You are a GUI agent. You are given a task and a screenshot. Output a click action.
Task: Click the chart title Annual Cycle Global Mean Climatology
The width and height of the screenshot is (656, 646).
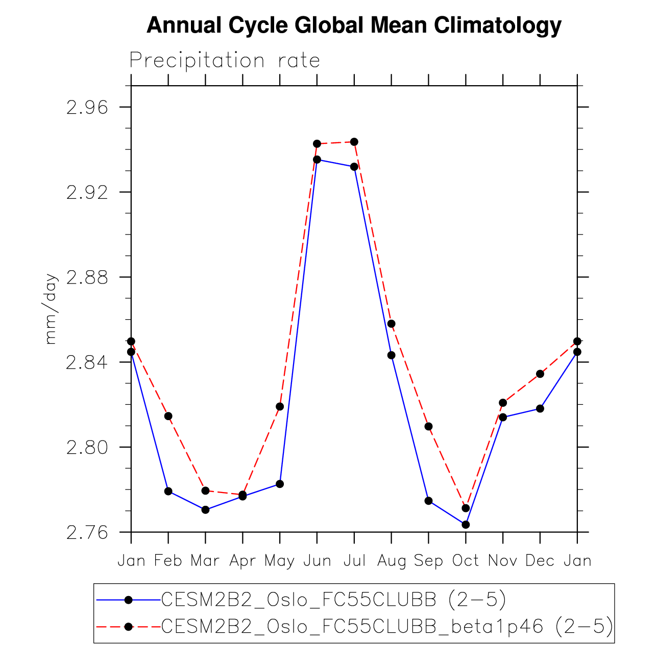click(354, 25)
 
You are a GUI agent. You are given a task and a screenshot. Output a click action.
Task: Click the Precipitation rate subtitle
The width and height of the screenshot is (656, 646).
click(225, 61)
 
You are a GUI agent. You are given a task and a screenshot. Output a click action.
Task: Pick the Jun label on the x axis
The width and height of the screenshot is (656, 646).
click(317, 561)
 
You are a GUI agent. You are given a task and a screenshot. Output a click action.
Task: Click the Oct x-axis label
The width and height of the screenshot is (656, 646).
click(466, 561)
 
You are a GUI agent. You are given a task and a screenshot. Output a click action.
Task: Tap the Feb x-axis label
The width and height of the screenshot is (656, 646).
click(168, 561)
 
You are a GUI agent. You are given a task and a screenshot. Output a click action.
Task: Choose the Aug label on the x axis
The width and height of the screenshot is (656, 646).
click(392, 561)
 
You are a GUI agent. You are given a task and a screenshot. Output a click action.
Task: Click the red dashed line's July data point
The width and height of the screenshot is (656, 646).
click(354, 142)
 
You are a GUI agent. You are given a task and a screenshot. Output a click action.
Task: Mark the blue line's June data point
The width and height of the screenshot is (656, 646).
click(317, 160)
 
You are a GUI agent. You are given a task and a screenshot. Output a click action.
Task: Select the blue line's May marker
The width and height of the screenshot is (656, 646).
click(280, 484)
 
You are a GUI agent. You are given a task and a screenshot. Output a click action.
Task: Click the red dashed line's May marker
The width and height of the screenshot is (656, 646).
click(280, 406)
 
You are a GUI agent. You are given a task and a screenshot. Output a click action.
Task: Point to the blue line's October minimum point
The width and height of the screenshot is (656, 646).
click(466, 525)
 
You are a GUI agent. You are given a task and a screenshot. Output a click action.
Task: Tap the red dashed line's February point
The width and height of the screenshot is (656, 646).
click(168, 416)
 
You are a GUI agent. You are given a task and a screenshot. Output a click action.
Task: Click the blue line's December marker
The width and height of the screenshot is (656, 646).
click(540, 408)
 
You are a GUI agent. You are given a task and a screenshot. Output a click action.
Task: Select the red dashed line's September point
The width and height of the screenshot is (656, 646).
click(428, 426)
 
